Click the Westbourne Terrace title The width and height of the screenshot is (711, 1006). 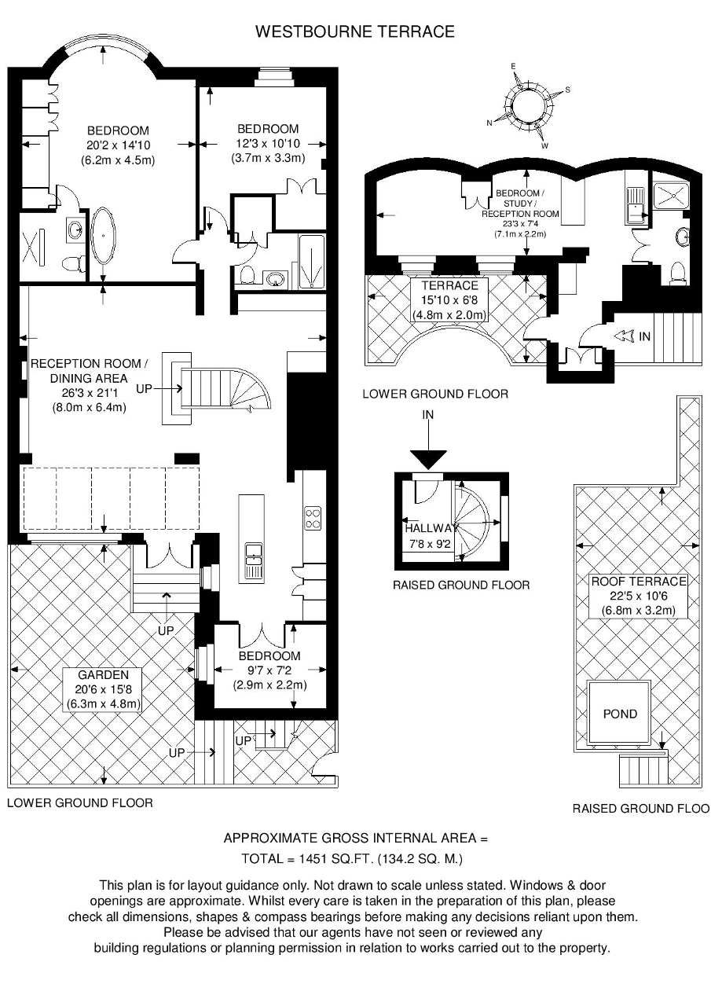click(x=354, y=31)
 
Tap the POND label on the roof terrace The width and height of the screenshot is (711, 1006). click(x=620, y=714)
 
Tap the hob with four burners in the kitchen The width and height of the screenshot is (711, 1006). click(x=313, y=518)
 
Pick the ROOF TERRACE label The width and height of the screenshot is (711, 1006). click(x=638, y=581)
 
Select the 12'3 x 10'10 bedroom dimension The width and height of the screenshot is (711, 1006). click(x=269, y=144)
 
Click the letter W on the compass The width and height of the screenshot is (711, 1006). click(x=544, y=145)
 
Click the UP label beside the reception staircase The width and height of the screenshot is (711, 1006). click(x=144, y=388)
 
